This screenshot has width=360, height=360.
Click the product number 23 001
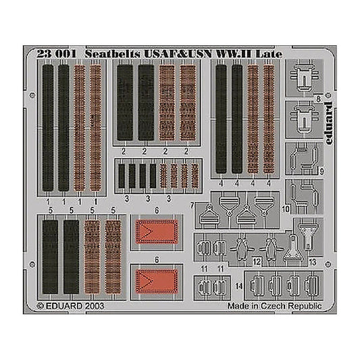pos(56,54)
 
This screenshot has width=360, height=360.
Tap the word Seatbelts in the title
pos(113,54)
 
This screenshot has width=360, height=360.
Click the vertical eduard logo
pos(328,123)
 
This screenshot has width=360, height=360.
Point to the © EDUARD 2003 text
pos(70,306)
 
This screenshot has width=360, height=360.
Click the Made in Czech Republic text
pos(275,306)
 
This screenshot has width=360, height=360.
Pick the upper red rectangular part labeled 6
pos(157,232)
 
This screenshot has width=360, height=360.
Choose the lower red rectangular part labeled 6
pos(157,281)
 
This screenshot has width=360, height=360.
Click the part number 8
pos(318,99)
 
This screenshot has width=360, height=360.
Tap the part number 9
pos(322,172)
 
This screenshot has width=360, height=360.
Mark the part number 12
pos(257,262)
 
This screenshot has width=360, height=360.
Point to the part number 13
pos(313,262)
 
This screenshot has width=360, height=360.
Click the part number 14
pos(239,286)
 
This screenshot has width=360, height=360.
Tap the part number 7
pos(192,205)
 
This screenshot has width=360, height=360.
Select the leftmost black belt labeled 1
pos(48,128)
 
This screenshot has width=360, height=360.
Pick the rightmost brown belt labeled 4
pos(269,119)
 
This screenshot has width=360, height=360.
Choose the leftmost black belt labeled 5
pos(50,257)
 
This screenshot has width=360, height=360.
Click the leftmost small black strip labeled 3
pos(122,176)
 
